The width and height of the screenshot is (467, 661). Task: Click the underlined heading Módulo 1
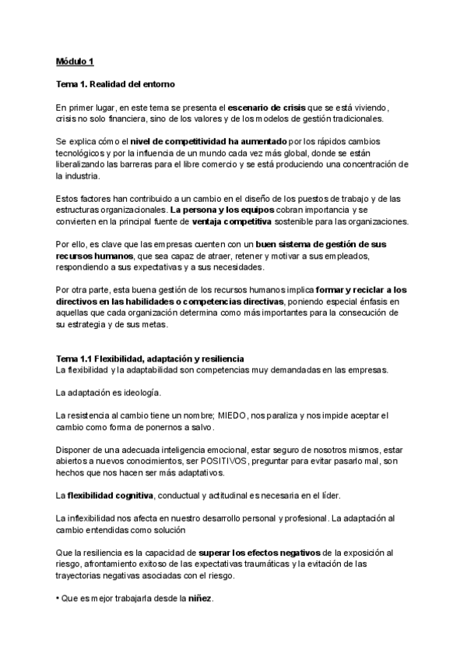(x=75, y=61)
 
